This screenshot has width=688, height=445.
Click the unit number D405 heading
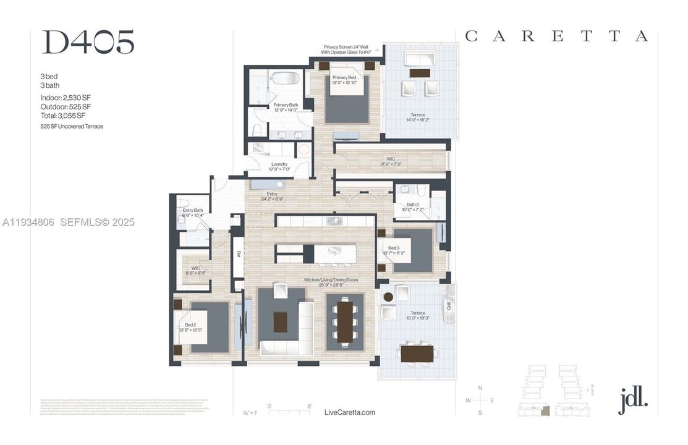point(87,42)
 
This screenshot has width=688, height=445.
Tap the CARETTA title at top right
point(556,36)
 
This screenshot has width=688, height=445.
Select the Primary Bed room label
point(344,80)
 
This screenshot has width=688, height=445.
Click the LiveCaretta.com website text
point(349,412)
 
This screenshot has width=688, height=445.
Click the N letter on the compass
point(480,388)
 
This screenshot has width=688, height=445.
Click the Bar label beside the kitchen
point(238,254)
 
